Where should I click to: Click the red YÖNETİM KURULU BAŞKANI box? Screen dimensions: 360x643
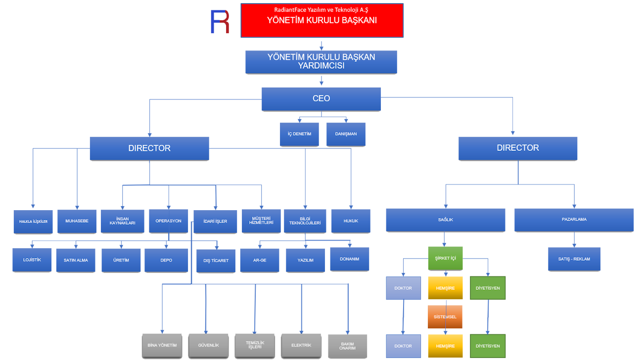tap(321, 20)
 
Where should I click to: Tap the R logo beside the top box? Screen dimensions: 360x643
tap(220, 22)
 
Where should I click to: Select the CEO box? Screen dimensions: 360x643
tap(321, 99)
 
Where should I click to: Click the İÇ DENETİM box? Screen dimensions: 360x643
tap(299, 134)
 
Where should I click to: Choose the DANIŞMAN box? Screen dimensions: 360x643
tap(346, 134)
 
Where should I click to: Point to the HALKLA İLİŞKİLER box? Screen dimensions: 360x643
tap(33, 222)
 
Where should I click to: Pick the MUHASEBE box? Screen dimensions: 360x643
tap(77, 221)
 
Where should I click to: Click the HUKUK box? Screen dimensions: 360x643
tap(351, 221)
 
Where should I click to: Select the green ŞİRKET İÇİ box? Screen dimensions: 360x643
tap(445, 258)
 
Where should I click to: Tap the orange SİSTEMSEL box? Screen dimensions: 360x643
tap(445, 317)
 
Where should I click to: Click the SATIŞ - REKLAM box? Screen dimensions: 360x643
tap(574, 259)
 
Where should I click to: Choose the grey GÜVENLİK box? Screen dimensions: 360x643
tap(208, 345)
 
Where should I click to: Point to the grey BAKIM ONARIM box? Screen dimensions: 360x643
tap(348, 345)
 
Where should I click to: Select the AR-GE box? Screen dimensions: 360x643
tap(260, 260)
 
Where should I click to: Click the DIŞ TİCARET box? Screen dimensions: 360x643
tap(216, 261)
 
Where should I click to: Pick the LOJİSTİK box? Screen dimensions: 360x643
tap(32, 260)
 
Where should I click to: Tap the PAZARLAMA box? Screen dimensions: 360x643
tap(574, 220)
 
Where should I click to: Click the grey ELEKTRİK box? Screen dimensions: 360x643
tap(301, 345)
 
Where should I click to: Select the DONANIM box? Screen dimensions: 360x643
tap(349, 259)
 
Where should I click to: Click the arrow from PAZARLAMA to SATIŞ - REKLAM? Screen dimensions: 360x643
tap(574, 240)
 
